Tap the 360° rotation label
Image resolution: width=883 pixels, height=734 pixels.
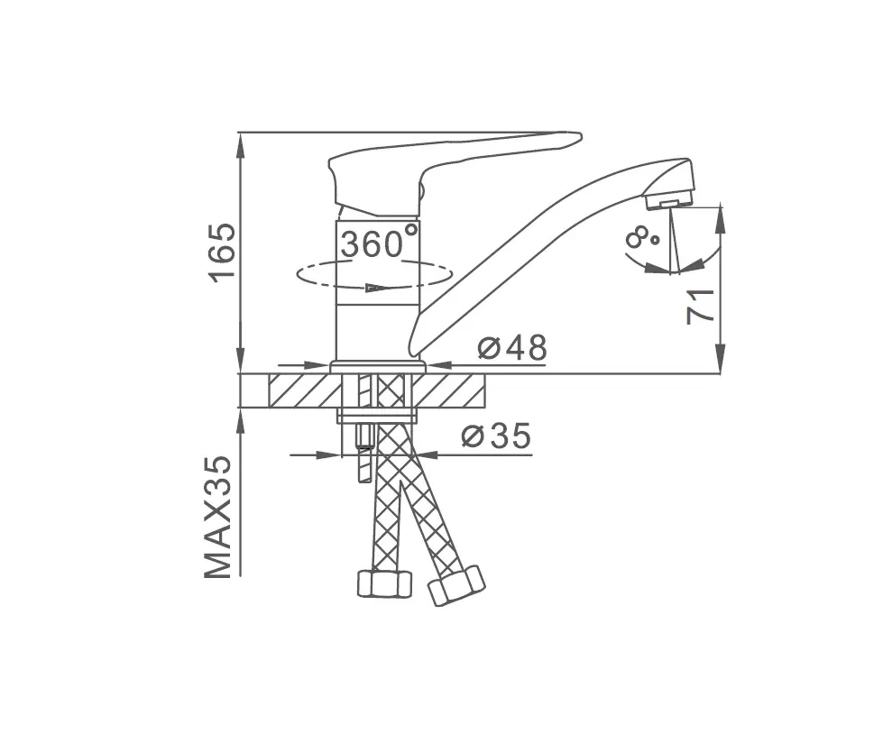point(380,242)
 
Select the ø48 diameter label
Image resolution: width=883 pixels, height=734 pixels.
point(512,348)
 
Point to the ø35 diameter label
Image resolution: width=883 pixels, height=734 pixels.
point(496,436)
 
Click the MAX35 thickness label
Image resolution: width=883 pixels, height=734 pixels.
point(217,516)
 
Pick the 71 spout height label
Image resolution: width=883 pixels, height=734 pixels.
point(700,307)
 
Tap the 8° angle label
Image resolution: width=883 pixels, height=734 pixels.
point(641,238)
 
